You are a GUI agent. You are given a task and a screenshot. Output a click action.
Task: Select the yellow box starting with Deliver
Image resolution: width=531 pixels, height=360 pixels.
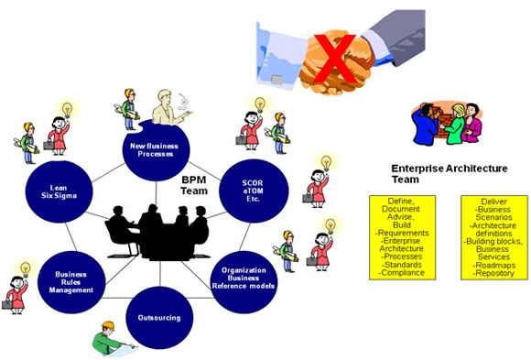493,236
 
